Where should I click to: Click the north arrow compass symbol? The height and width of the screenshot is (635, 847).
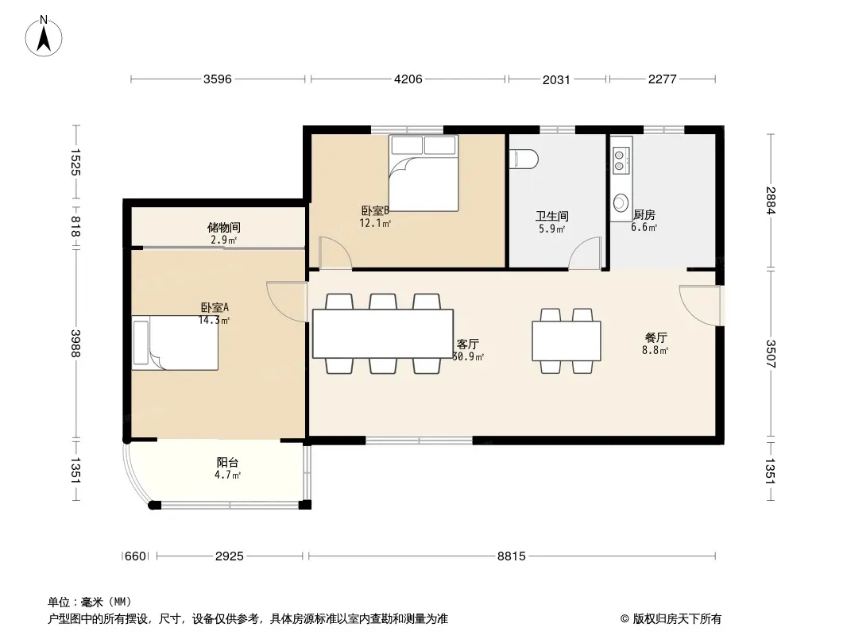[44, 36]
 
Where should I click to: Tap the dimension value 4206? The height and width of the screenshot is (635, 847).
[408, 79]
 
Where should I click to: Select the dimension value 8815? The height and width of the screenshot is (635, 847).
[511, 556]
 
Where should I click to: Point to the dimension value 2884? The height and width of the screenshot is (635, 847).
[770, 200]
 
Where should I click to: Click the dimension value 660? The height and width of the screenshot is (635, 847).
[135, 556]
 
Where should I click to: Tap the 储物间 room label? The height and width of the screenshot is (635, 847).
[223, 228]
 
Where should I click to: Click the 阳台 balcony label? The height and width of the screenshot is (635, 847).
[227, 462]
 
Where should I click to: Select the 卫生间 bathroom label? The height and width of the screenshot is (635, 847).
[551, 217]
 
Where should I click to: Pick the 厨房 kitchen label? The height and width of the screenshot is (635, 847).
[644, 215]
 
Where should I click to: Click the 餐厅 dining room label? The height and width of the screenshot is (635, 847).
[656, 337]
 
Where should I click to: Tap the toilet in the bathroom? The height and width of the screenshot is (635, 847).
[524, 160]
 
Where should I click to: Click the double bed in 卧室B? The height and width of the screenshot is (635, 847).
[423, 173]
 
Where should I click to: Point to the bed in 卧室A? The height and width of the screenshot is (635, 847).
[175, 343]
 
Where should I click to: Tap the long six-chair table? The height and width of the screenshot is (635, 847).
[382, 333]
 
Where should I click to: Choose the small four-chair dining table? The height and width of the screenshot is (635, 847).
[566, 341]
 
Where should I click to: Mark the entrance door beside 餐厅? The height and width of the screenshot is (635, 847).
[700, 306]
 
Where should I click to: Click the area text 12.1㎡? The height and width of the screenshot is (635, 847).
[375, 223]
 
